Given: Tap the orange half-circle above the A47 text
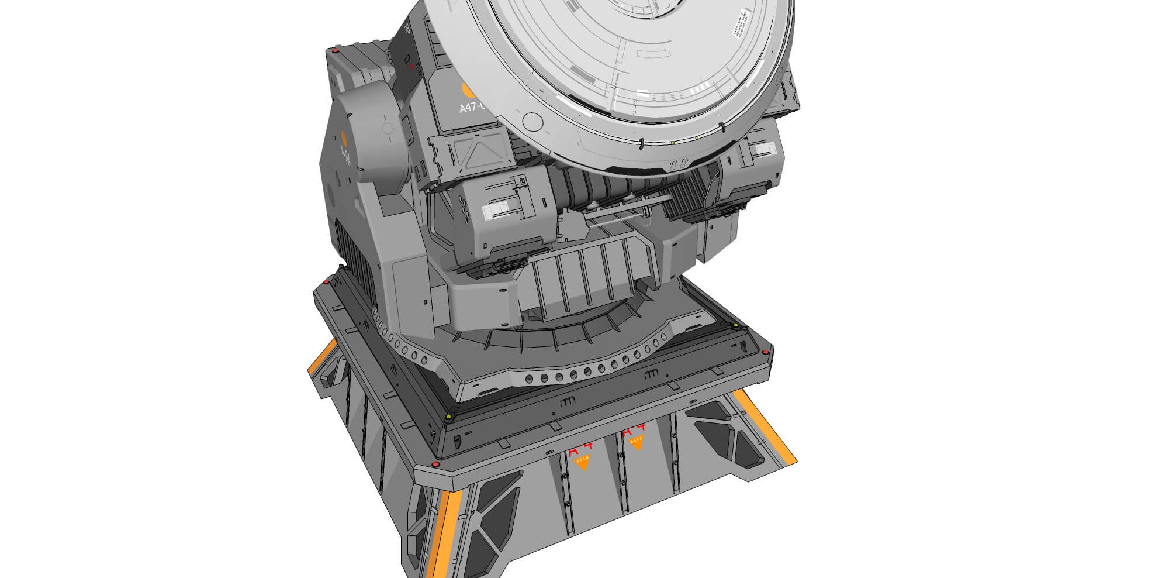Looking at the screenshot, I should tap(468, 90).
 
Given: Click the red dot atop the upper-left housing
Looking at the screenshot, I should tap(335, 51).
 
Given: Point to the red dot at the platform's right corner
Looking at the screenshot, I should tap(765, 352).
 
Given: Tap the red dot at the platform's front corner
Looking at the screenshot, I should tap(435, 464).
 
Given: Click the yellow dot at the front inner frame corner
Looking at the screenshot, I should tap(448, 417).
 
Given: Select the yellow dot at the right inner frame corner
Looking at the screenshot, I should tap(735, 325).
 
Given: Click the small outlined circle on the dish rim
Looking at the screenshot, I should tap(531, 121).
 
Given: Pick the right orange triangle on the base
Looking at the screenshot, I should tap(636, 443).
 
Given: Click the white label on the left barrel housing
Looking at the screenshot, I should tap(494, 207).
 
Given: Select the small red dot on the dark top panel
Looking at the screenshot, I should tap(411, 67).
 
